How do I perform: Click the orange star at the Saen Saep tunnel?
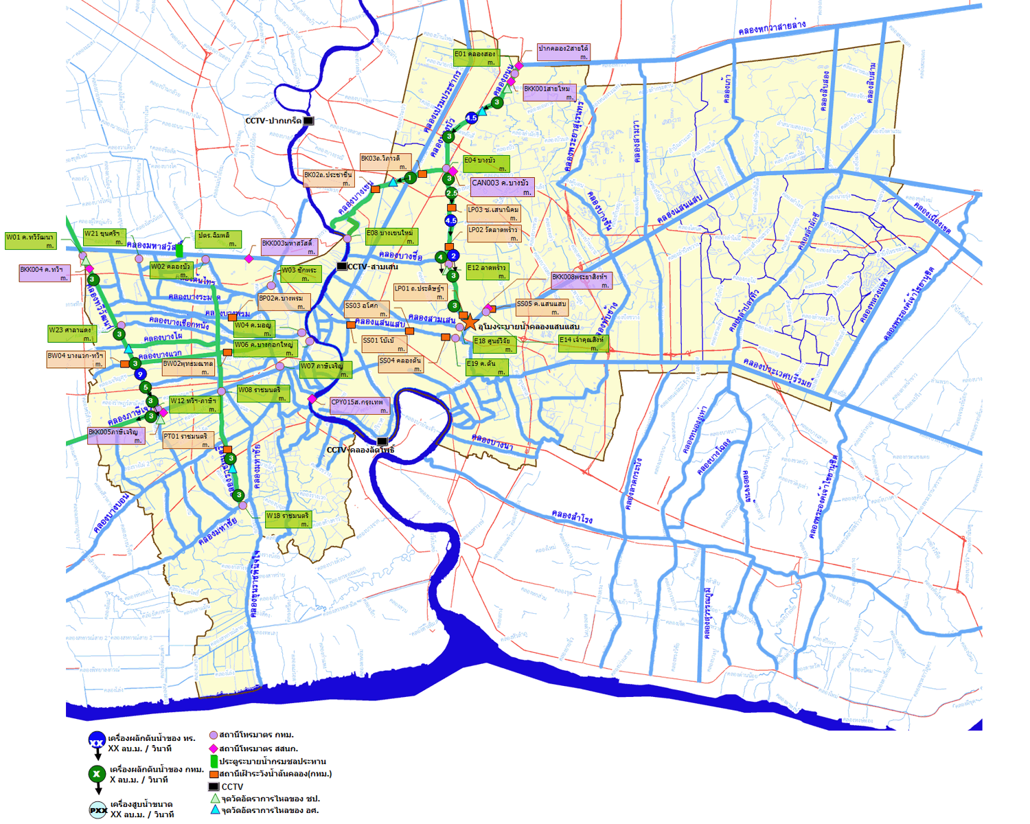click(x=469, y=321)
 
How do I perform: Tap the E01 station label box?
click(x=475, y=58)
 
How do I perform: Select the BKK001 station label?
click(x=549, y=93)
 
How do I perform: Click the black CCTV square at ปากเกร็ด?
click(x=309, y=121)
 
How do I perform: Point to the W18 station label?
click(x=288, y=519)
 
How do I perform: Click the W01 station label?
click(x=30, y=241)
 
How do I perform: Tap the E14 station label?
click(x=582, y=343)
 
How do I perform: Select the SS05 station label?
click(x=542, y=307)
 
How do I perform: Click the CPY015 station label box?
click(x=359, y=406)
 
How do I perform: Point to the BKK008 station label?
click(x=580, y=281)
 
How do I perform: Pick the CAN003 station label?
click(x=501, y=187)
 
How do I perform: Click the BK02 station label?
click(x=328, y=179)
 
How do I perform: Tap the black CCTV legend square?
click(x=214, y=787)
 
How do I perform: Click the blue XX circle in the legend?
click(x=97, y=742)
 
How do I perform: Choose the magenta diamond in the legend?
click(x=214, y=748)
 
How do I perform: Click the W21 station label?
click(x=104, y=238)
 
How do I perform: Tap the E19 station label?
click(x=487, y=367)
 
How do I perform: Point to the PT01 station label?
click(x=187, y=439)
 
